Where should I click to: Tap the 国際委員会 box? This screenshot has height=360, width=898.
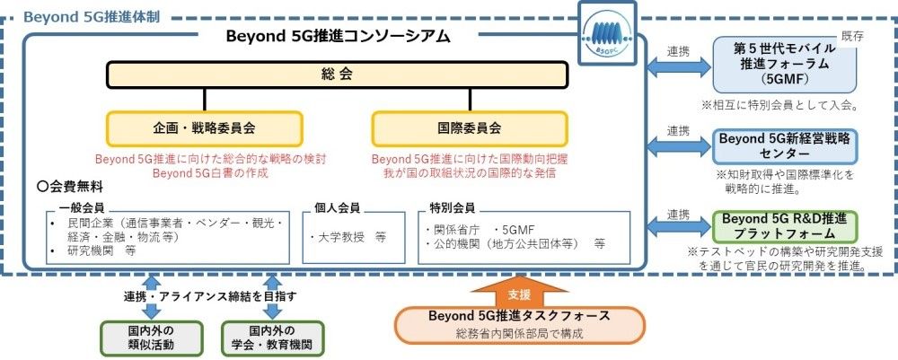point(470,128)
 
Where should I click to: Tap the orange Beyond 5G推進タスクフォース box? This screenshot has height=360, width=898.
point(519,324)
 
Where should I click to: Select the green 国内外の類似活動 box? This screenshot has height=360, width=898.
point(150,338)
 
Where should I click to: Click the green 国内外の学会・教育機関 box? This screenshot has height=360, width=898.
point(273,338)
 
